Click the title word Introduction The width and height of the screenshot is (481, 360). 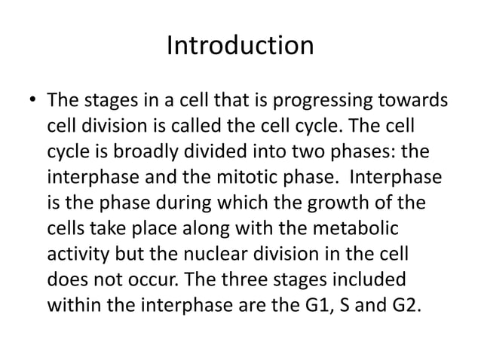pos(240,47)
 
